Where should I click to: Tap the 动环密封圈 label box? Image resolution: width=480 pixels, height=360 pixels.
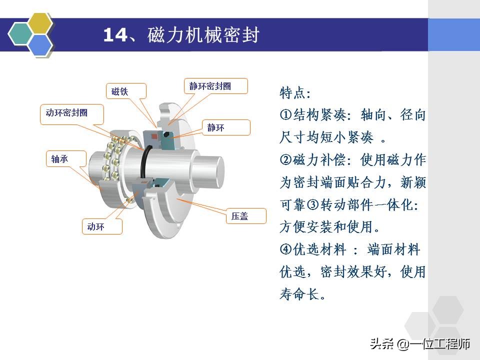click(71, 113)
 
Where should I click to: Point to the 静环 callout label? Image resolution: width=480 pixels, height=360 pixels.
click(226, 127)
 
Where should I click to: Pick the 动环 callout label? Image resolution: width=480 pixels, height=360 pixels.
click(101, 226)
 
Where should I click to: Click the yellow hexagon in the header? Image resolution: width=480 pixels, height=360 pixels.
click(40, 23)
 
